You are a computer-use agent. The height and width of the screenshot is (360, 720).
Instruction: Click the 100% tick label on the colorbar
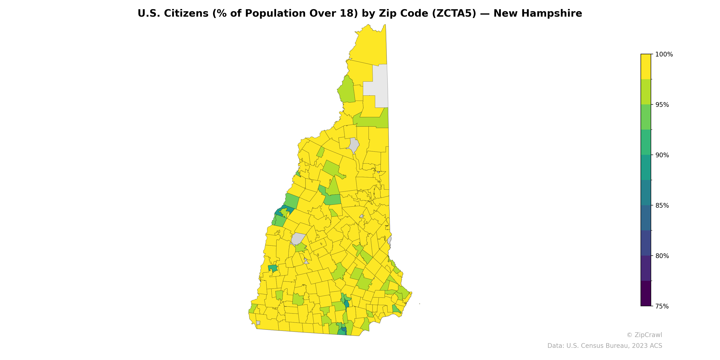[x=664, y=54]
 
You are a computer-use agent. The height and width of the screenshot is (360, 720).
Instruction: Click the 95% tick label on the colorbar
[x=662, y=105]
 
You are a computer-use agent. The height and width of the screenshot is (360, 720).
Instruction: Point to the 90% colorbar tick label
[x=662, y=155]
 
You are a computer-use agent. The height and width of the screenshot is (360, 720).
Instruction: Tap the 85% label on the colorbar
[x=662, y=205]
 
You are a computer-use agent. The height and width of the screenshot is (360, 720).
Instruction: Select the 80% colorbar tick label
[x=662, y=256]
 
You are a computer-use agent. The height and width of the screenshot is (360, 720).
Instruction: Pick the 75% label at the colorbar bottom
[x=662, y=306]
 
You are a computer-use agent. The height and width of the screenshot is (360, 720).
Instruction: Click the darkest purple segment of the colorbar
[x=646, y=293]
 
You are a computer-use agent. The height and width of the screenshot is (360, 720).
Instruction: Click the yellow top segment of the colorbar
[x=646, y=67]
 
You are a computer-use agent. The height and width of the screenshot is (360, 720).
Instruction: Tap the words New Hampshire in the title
[x=538, y=13]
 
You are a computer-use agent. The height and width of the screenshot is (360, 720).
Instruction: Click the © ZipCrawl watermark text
[x=644, y=335]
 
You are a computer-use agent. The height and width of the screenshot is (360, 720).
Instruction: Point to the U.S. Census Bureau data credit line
[x=605, y=346]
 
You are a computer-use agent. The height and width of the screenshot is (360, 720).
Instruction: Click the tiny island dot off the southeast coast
[x=420, y=304]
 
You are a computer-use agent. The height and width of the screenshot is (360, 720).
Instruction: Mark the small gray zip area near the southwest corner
[x=258, y=323]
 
